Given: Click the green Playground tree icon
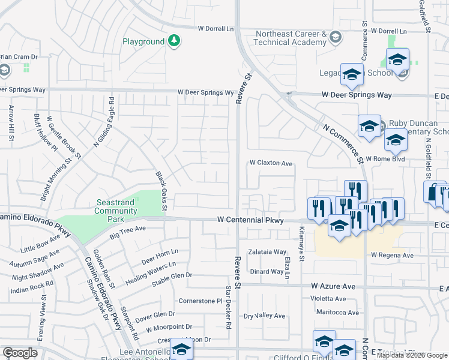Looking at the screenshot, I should click(174, 41).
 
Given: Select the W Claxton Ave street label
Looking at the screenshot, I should click(271, 163).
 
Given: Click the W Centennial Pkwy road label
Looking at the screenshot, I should click(250, 221).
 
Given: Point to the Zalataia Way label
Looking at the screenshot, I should click(267, 252).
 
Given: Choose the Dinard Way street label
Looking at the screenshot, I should click(267, 271).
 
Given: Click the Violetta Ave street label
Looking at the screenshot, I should click(328, 299).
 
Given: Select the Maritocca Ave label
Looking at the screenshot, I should click(337, 313).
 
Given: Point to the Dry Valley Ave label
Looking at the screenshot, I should click(264, 316).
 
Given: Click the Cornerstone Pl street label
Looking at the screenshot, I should click(200, 301).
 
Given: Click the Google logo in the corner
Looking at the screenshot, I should click(20, 353).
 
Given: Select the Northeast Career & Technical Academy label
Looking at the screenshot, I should click(291, 38).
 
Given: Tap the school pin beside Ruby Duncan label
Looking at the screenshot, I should click(370, 126).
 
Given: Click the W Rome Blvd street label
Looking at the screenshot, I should click(385, 159).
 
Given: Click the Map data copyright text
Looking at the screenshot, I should click(412, 355).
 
